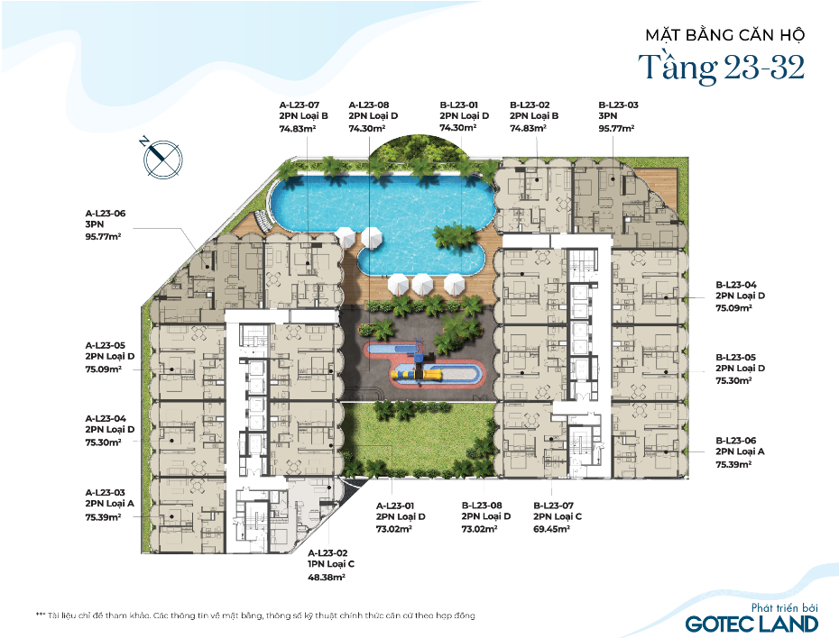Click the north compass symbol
[162, 159]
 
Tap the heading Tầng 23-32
[722, 68]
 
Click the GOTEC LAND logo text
[751, 624]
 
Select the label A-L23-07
[300, 105]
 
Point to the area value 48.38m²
[327, 577]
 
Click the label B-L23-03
[619, 105]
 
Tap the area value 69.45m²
[551, 529]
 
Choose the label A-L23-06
[106, 214]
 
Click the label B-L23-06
[736, 441]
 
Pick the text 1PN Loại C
[331, 564]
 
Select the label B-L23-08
[482, 505]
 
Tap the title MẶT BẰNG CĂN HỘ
[725, 35]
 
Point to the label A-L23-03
[106, 492]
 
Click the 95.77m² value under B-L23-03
[617, 128]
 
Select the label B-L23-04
[736, 285]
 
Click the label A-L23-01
[395, 506]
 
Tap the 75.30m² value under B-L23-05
[734, 381]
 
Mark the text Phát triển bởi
[785, 607]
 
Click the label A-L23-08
[369, 105]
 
